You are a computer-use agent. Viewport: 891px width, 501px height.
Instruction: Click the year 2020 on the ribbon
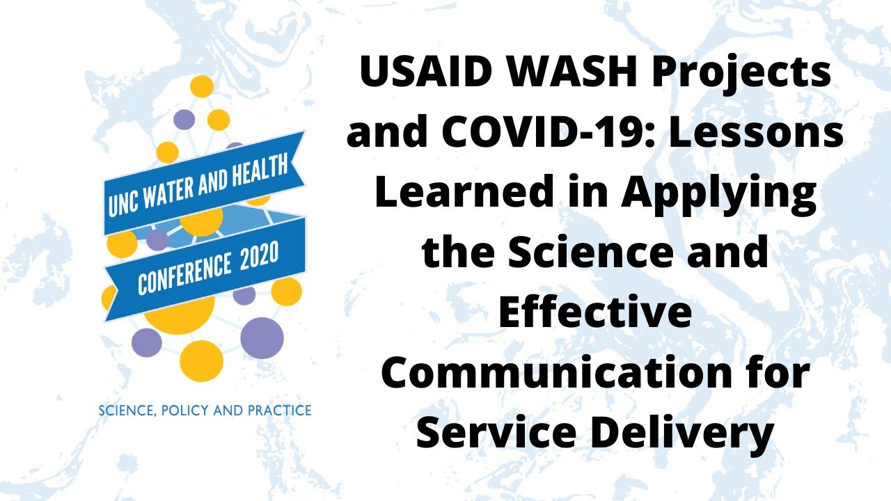point(259,257)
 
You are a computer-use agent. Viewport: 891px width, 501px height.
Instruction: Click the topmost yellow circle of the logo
point(202,87)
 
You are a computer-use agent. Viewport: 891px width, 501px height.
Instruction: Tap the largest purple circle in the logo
point(262,338)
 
